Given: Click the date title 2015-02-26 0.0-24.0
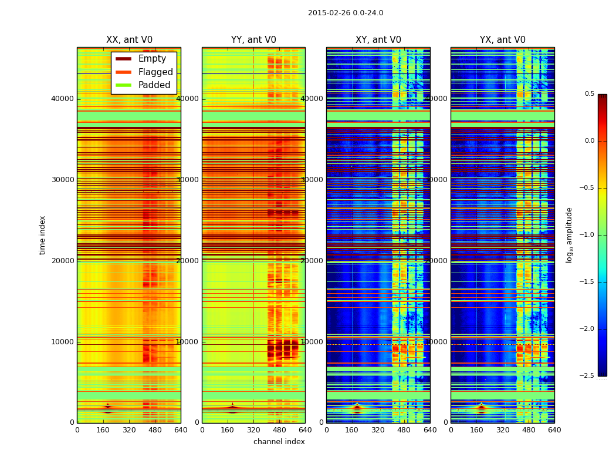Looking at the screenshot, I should coord(346,13).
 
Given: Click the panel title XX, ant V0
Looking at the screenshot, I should coord(129,40).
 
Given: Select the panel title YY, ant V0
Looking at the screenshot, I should coord(253,40).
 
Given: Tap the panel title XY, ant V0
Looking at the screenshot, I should coord(378,40).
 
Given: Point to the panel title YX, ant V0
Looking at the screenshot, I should coord(503,40).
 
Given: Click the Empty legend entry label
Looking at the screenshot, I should coord(152,59).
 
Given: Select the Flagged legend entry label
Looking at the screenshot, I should coord(155,72).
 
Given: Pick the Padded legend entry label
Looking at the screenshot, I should coord(154,85).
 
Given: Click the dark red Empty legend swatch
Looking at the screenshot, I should coord(123,59).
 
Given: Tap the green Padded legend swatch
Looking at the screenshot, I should coord(123,85).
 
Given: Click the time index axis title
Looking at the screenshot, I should coord(42,235).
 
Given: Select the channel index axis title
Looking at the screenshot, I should coord(279,442).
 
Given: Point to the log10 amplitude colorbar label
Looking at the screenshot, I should coord(570,235).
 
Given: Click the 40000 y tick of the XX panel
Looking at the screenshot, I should coord(62,99).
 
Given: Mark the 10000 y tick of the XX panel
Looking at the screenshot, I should coord(62,342).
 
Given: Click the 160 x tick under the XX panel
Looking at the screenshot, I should coord(103,430).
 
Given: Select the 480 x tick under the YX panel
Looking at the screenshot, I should coord(529,430).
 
